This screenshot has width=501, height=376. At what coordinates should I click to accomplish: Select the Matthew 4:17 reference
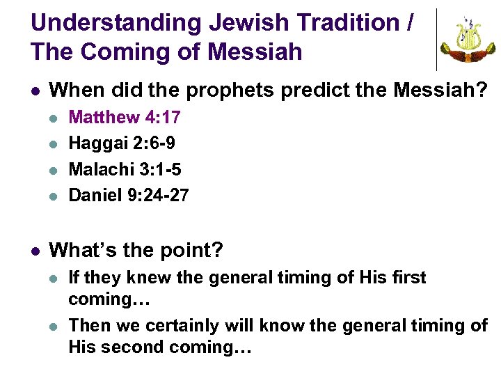125,118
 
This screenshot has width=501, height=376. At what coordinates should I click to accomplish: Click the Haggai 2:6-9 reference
122,143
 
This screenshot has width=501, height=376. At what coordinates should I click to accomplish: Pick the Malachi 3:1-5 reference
125,169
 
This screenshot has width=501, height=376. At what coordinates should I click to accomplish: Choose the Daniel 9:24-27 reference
129,196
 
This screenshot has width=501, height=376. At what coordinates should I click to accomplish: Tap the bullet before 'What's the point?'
35,251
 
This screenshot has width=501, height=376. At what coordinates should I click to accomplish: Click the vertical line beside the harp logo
436,40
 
